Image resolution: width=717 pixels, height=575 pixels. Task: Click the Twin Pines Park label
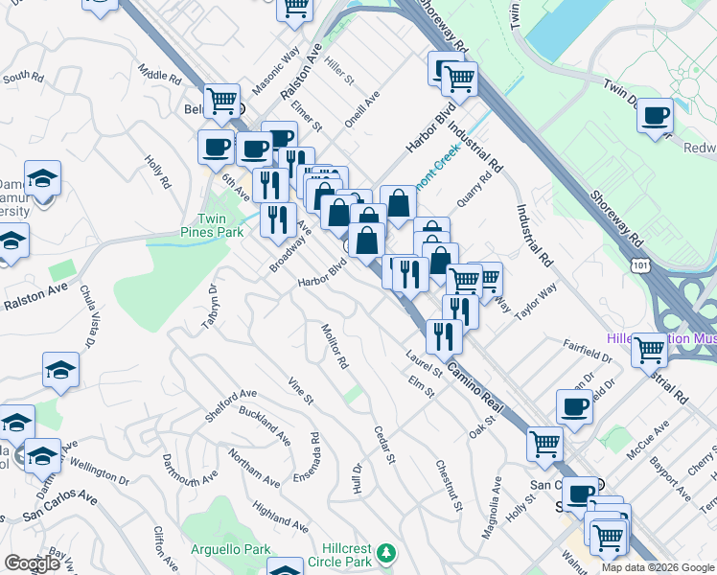coord(212,225)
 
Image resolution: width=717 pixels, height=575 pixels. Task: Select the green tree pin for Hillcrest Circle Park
coord(385,553)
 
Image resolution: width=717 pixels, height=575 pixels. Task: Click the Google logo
coord(32,563)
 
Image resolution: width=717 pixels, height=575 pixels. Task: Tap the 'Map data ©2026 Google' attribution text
coord(658,567)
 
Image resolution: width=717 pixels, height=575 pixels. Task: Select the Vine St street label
coord(301,391)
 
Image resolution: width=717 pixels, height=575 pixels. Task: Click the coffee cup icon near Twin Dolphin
coord(655,116)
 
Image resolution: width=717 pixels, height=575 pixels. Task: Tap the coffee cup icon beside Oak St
coord(574,406)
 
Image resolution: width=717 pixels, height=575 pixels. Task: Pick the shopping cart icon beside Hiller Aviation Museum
coord(650,350)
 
